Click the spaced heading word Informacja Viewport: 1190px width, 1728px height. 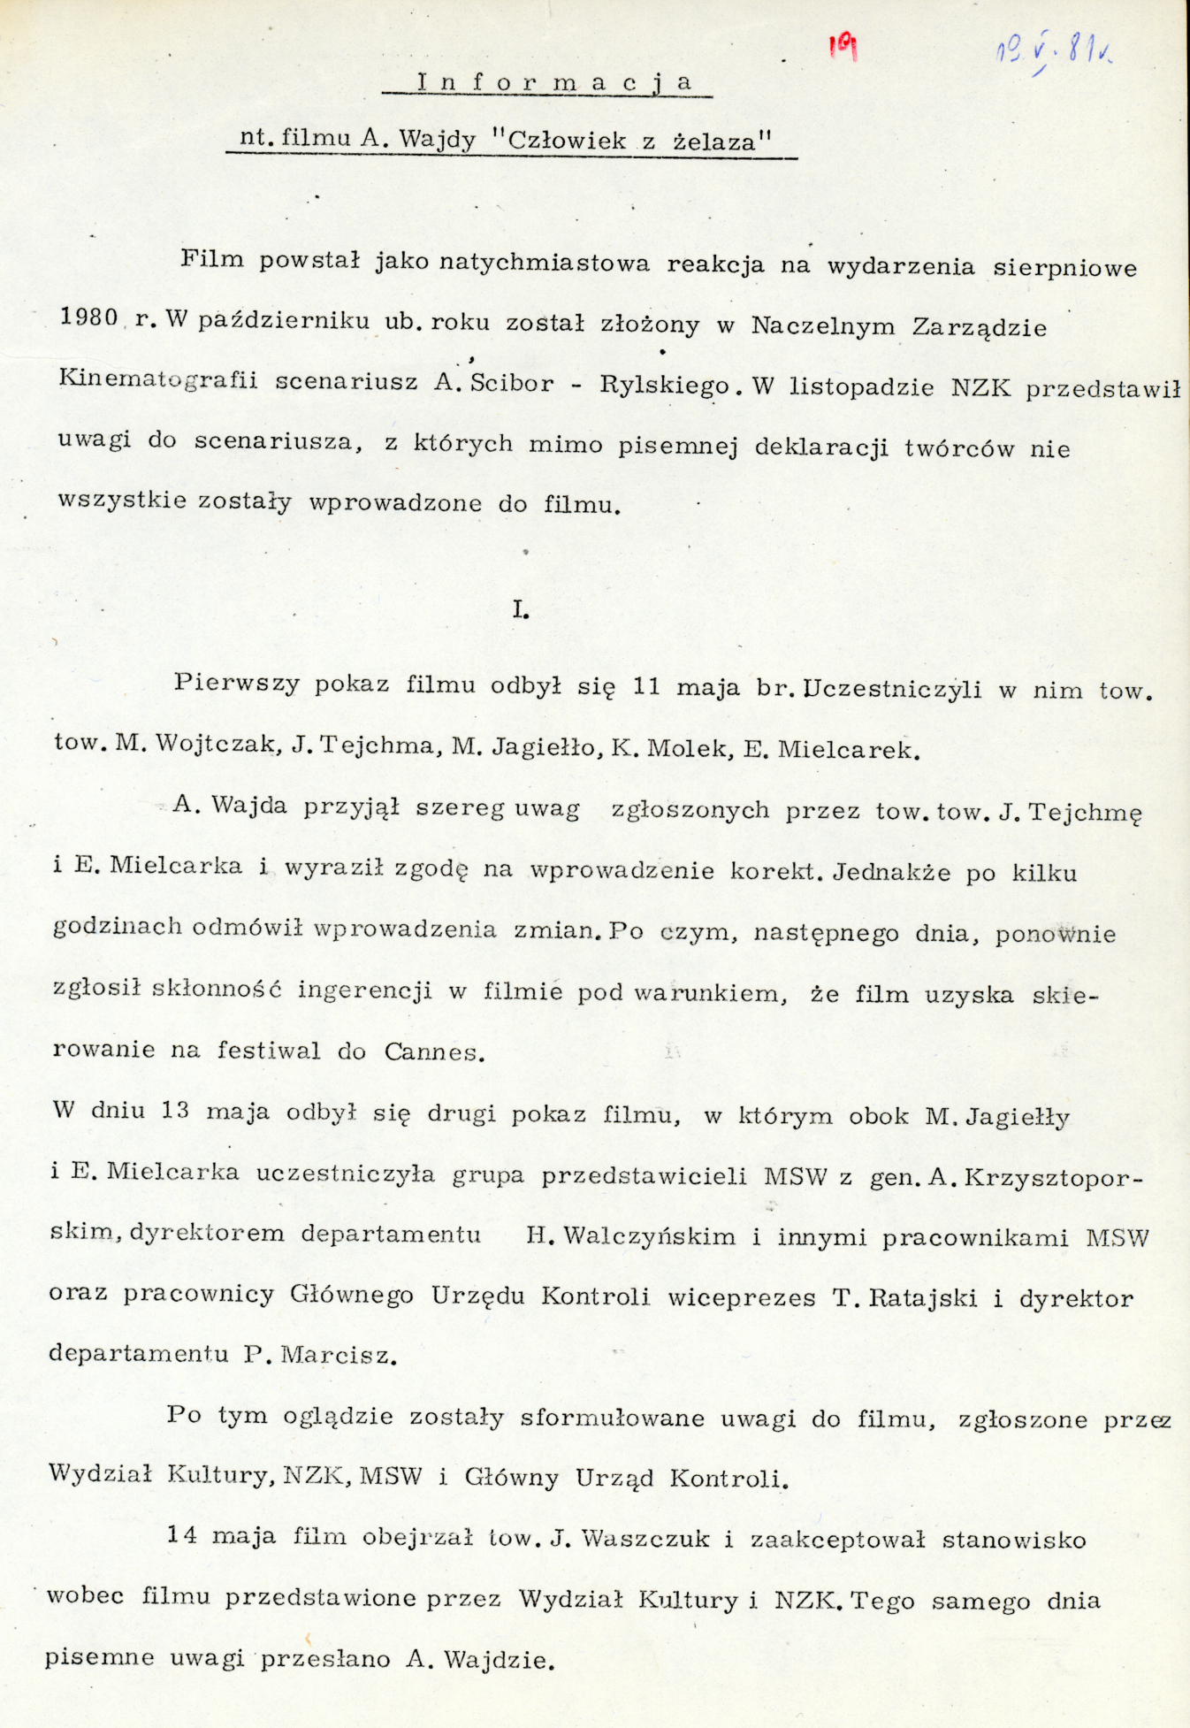click(553, 83)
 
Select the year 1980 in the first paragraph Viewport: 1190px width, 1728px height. click(88, 318)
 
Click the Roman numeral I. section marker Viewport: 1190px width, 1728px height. click(521, 609)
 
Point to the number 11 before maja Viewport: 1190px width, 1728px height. click(646, 686)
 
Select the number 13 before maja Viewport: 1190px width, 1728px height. click(175, 1111)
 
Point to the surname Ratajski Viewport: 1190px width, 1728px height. click(924, 1298)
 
